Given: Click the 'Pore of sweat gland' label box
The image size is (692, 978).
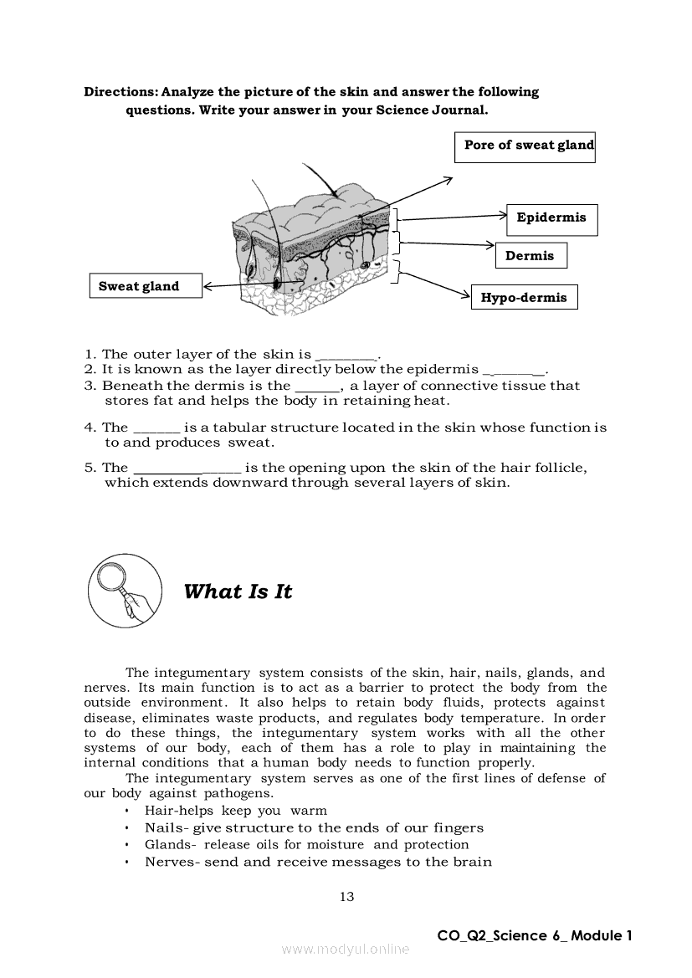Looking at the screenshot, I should click(525, 146).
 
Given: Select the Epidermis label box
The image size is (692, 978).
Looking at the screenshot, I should click(551, 218).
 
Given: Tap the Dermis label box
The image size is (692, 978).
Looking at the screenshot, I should click(531, 256).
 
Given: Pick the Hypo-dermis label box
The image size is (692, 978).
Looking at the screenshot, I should click(524, 298).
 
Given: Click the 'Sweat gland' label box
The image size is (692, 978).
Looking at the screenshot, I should click(145, 286).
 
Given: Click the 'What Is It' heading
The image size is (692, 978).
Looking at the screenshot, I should click(238, 591).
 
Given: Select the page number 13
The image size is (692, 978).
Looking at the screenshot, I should click(346, 897).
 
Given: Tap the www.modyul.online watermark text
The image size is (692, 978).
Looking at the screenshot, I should click(346, 949).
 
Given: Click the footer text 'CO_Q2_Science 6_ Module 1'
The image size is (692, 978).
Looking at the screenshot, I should click(535, 935).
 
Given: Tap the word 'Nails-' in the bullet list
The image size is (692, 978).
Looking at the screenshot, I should click(167, 828).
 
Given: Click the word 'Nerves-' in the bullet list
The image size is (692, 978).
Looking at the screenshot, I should click(172, 863).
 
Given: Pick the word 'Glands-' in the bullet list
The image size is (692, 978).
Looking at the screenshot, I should click(172, 845).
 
